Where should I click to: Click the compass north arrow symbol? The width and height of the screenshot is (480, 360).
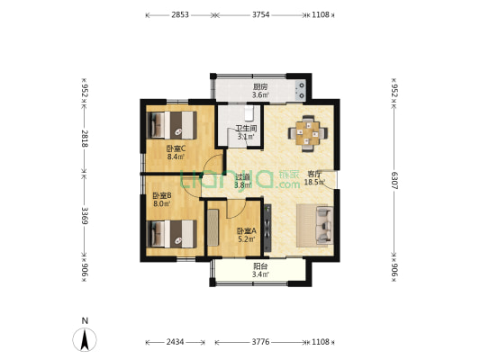point(85,339)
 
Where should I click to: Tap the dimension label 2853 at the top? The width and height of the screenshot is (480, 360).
point(180,14)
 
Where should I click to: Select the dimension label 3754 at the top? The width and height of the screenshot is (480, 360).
point(261,14)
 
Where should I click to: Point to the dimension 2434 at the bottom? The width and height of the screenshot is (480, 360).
point(175,342)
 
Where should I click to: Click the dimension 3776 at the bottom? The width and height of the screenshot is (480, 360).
point(261,342)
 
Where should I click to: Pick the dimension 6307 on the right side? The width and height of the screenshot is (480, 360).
point(394,181)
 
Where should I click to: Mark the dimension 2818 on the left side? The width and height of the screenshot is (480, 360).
point(85,139)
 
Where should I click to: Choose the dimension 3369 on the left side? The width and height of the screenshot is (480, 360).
point(85,215)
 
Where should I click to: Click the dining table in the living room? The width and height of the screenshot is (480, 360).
point(308,133)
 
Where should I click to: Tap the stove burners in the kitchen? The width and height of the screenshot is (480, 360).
point(300,90)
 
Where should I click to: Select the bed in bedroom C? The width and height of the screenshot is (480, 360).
point(172,125)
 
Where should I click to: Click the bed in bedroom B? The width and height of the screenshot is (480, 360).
point(172,234)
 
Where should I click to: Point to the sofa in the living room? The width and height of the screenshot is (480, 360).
point(324,225)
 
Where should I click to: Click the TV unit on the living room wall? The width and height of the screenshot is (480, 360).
point(267,228)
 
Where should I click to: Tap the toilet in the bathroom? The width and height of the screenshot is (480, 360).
point(249,113)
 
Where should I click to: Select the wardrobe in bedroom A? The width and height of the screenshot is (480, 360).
point(213,228)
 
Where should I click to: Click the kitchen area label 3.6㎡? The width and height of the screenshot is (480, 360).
point(260,94)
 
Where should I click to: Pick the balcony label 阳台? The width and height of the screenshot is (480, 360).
point(260,266)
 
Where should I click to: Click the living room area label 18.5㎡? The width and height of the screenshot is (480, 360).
point(314,183)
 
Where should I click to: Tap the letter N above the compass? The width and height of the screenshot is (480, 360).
point(85,320)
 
